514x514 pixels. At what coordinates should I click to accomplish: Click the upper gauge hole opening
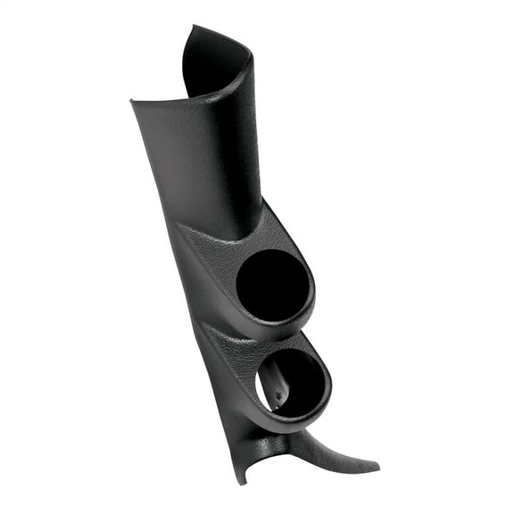click(x=273, y=286)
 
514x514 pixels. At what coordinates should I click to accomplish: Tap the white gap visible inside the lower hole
click(x=265, y=385)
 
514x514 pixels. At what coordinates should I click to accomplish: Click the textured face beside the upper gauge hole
click(x=214, y=268)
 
